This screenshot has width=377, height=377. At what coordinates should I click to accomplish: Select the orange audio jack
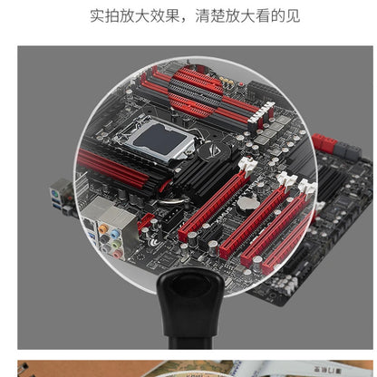coord(103,227)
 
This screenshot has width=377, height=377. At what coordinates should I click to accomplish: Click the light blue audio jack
coord(115,234)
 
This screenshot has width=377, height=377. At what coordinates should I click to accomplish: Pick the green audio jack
coord(116,244)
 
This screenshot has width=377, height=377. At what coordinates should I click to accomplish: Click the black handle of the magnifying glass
coord(191,308)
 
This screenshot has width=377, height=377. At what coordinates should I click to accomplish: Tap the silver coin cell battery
coord(247,204)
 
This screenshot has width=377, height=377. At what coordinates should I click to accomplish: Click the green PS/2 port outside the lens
coord(54,192)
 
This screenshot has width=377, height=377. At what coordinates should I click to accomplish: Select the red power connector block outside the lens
coord(324,143)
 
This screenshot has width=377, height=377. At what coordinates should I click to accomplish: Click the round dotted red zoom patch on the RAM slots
coord(196,92)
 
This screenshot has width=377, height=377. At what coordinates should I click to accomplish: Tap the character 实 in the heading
coord(98,15)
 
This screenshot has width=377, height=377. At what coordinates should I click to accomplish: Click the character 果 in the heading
coord(173,15)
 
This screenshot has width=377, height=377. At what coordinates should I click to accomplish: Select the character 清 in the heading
coord(203,15)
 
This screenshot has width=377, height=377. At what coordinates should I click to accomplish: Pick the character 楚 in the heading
coord(217,15)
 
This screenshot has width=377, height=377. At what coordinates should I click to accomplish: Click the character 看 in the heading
coord(263,15)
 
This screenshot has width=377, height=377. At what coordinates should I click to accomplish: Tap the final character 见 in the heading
coord(293,15)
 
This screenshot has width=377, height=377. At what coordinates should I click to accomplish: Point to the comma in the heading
coord(184,20)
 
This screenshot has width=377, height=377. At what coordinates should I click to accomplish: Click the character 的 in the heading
coord(278,15)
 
